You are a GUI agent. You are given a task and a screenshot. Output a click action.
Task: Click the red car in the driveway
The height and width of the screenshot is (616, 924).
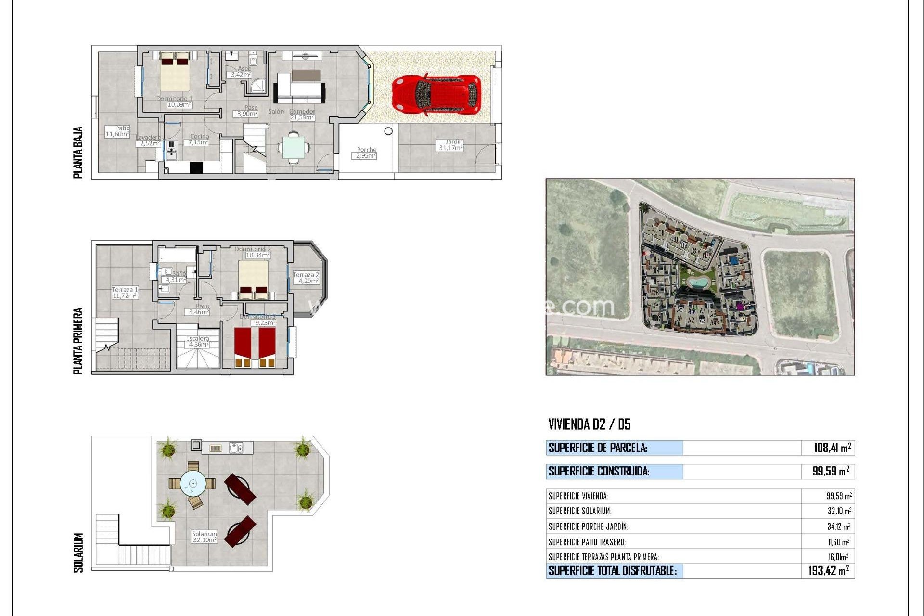click(x=436, y=94)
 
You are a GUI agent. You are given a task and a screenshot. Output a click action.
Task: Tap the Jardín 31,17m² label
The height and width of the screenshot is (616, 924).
click(x=450, y=145)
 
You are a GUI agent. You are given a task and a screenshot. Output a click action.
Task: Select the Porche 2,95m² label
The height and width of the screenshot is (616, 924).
click(x=366, y=153)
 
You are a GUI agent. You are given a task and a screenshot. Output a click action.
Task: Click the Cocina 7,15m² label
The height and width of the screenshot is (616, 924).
click(x=198, y=140)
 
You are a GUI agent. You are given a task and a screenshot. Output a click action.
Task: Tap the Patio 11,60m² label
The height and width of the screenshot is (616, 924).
click(x=117, y=131)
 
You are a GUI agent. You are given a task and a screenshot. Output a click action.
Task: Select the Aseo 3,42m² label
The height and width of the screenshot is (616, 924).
click(x=241, y=72)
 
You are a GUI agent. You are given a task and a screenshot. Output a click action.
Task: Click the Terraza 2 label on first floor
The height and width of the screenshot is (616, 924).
click(x=306, y=278)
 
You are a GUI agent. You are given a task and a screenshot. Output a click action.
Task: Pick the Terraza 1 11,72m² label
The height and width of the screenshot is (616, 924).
click(x=125, y=293)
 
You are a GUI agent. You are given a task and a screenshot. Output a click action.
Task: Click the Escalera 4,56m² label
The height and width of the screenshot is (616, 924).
click(x=197, y=342)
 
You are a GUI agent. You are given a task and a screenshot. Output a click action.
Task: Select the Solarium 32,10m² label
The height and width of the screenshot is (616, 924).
click(x=204, y=537)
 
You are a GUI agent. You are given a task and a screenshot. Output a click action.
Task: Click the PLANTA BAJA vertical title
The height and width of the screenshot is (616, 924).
click(x=78, y=153)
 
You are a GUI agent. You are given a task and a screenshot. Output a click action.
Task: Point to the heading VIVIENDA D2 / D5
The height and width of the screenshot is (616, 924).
click(x=589, y=424)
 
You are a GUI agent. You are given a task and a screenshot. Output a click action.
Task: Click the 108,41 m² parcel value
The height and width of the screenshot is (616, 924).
click(x=832, y=448)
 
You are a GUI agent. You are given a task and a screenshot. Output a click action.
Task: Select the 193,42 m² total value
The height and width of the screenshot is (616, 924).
click(x=828, y=571)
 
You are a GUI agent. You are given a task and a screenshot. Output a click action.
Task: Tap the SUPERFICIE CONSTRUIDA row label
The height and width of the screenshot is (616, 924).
click(x=599, y=472)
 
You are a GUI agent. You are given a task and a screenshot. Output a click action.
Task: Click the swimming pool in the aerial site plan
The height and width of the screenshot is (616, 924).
click(x=693, y=282)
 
